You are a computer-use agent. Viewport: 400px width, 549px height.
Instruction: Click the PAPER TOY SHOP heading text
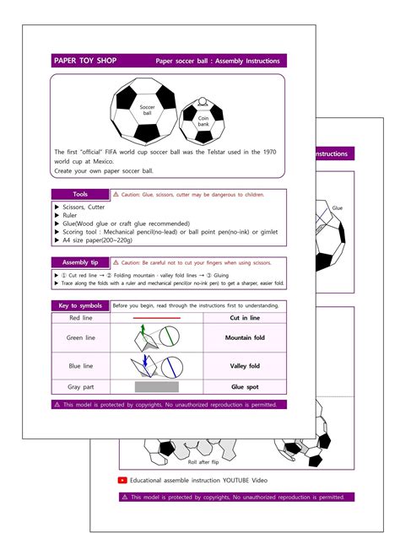coord(84,61)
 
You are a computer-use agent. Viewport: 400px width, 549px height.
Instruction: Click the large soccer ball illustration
coord(147,110)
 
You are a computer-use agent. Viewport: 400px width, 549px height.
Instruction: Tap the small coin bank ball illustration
coord(203,121)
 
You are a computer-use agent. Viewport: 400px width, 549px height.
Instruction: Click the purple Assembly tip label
coord(79,262)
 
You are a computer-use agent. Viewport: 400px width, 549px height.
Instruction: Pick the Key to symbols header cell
coord(79,305)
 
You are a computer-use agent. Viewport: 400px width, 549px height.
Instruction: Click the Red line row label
coord(79,318)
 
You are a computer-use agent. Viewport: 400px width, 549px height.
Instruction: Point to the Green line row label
coord(79,338)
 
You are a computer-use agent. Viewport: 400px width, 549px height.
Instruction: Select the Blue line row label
coord(79,366)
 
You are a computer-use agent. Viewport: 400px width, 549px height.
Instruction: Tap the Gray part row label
coord(79,387)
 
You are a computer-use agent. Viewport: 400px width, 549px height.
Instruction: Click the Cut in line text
coord(245,318)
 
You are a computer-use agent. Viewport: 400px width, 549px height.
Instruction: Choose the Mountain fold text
coord(245,338)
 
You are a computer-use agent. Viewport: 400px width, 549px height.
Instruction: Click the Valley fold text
coord(245,366)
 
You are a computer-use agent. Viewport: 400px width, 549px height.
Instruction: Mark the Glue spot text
coord(245,387)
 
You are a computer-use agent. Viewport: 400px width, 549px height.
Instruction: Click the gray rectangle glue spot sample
coord(156,387)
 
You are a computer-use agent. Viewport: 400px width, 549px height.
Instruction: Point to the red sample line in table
coord(156,318)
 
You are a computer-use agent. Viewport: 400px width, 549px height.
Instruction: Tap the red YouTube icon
coord(123,480)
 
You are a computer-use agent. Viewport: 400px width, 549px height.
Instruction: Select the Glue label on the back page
coord(337,207)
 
